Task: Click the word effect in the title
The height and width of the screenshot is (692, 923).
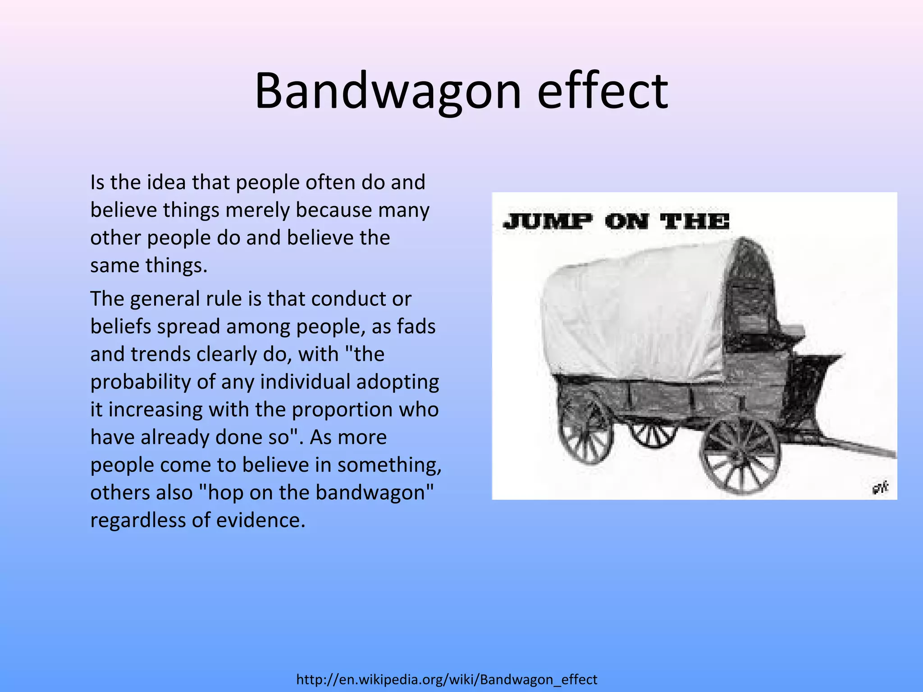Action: [602, 91]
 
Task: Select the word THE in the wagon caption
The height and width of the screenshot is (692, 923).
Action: [695, 222]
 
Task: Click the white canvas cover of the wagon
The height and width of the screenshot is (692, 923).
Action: [631, 315]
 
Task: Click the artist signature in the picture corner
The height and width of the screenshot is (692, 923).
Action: [879, 487]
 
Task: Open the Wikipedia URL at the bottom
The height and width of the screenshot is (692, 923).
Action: [447, 679]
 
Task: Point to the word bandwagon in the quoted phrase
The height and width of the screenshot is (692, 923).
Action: [370, 492]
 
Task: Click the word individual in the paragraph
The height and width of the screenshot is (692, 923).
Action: [305, 382]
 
